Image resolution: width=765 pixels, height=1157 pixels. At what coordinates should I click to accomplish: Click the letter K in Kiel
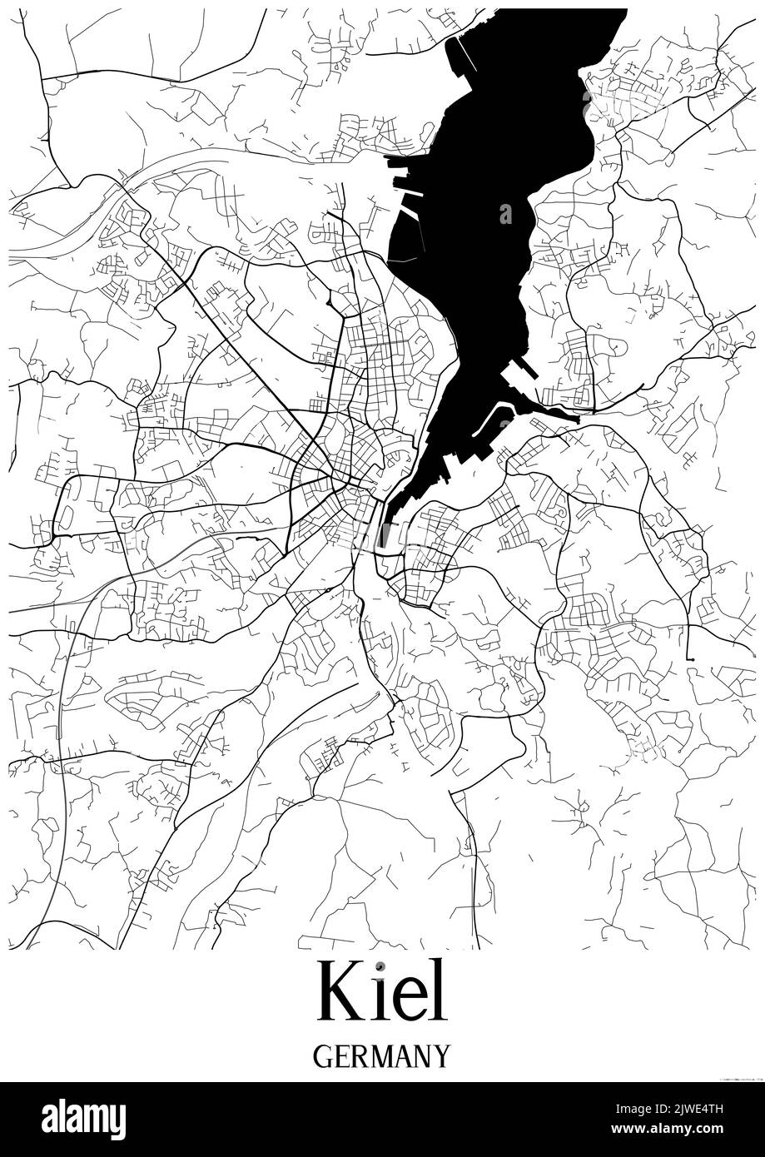coord(340,992)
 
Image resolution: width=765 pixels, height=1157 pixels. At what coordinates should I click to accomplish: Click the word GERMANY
coord(382,1056)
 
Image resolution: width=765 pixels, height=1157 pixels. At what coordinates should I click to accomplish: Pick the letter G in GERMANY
coord(323,1056)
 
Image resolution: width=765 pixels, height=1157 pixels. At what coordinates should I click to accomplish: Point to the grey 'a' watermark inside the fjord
coord(505,214)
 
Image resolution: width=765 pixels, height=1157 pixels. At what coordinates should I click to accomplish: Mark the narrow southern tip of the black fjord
coord(384,541)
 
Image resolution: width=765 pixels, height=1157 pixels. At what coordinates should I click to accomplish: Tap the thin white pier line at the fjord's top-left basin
coord(471,58)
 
